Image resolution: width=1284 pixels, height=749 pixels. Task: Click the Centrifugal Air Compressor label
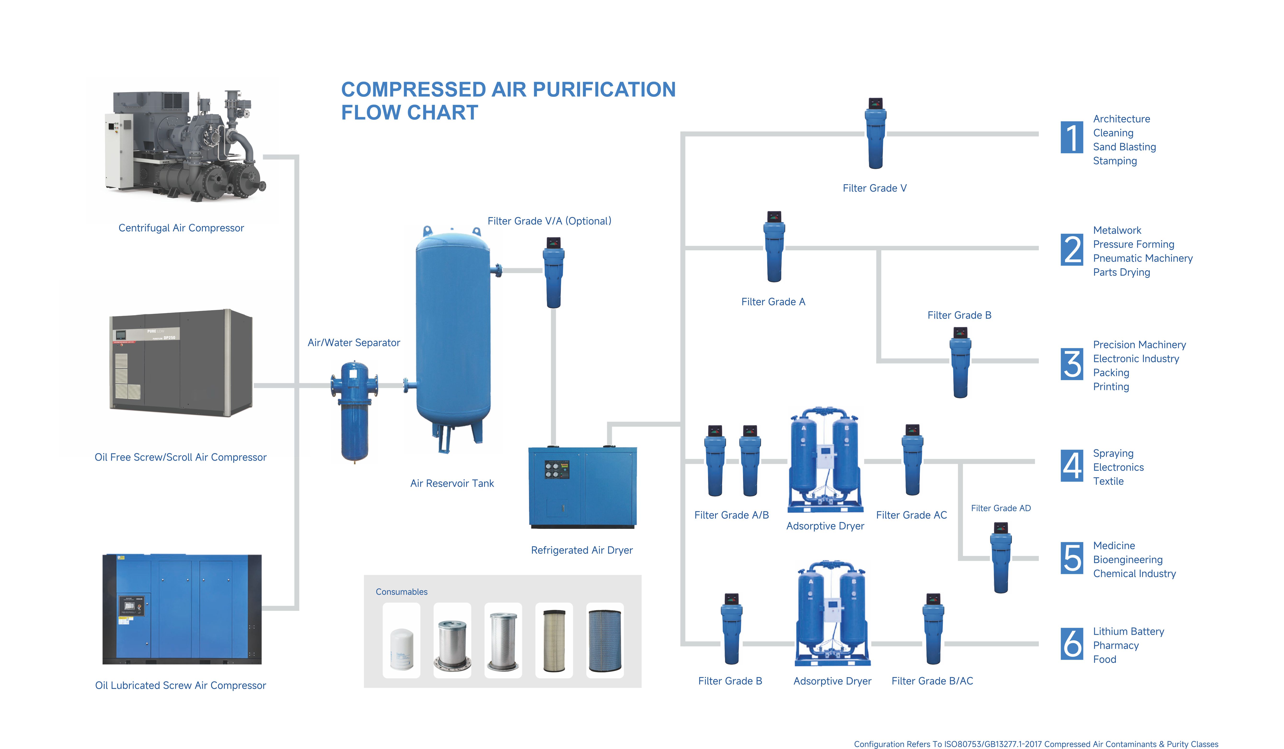click(181, 228)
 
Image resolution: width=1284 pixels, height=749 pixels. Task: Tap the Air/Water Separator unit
click(354, 410)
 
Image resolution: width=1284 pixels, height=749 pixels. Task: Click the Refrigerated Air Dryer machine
click(582, 486)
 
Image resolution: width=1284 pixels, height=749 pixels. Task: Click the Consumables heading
click(402, 592)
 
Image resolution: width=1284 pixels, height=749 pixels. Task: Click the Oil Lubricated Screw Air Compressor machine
click(182, 609)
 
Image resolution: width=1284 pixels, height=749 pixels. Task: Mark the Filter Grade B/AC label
click(932, 681)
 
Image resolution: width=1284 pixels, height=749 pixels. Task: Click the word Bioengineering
click(1128, 560)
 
